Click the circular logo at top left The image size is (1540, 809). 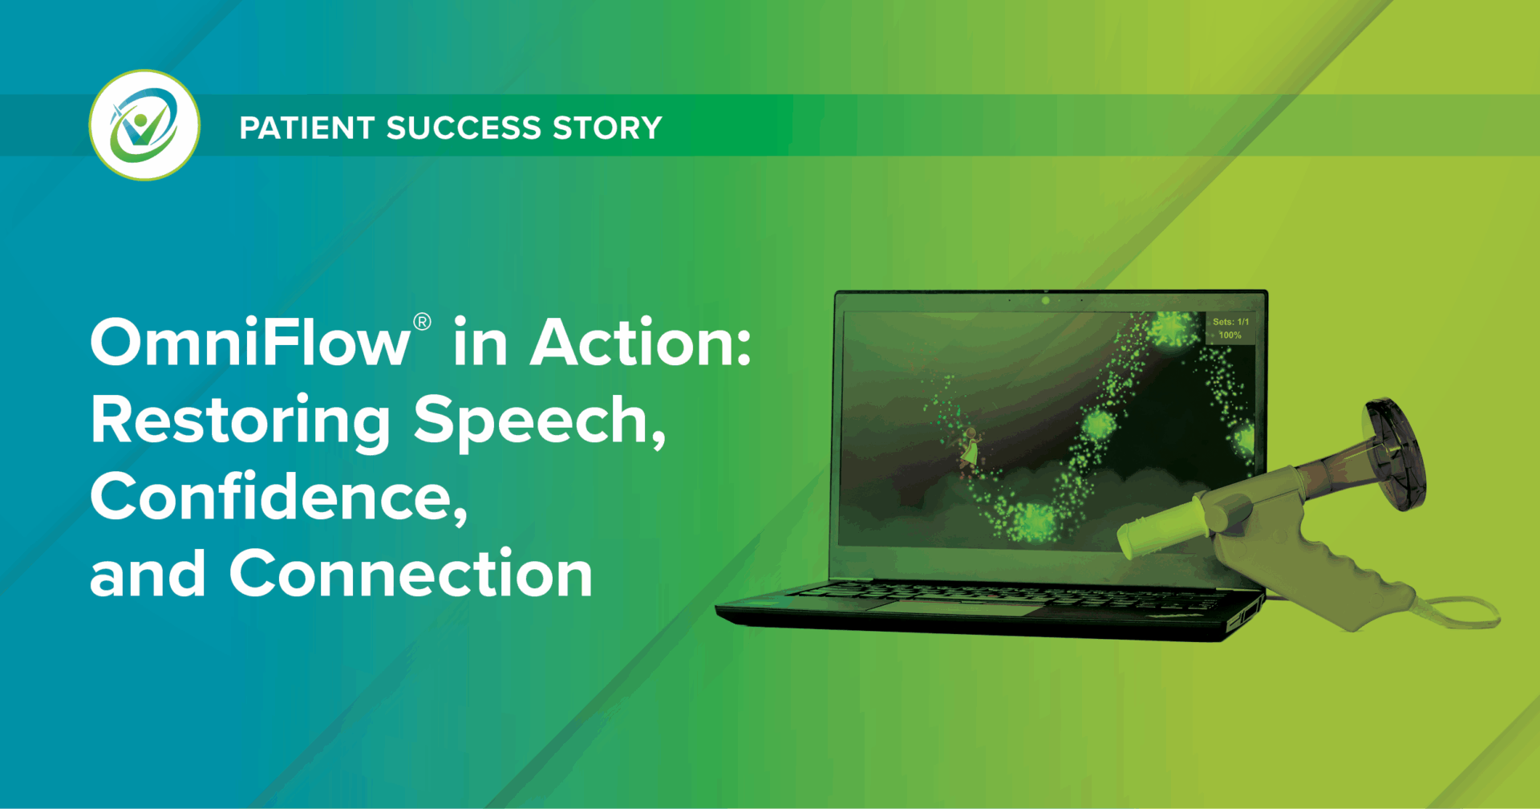click(144, 125)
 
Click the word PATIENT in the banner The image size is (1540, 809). click(307, 128)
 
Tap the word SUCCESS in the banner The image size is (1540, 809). click(464, 128)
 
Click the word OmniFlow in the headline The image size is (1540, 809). click(250, 342)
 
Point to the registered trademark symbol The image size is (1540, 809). click(422, 323)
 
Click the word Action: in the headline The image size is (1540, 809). click(642, 342)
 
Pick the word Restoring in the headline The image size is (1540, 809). click(240, 421)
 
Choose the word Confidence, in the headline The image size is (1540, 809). click(279, 498)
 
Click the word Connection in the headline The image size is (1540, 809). click(411, 575)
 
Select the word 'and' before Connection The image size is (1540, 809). click(148, 575)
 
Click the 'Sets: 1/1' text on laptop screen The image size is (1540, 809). click(1230, 322)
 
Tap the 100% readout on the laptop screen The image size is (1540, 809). click(1230, 335)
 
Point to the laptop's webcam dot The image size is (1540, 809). click(1045, 301)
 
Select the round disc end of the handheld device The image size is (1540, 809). click(1396, 454)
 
